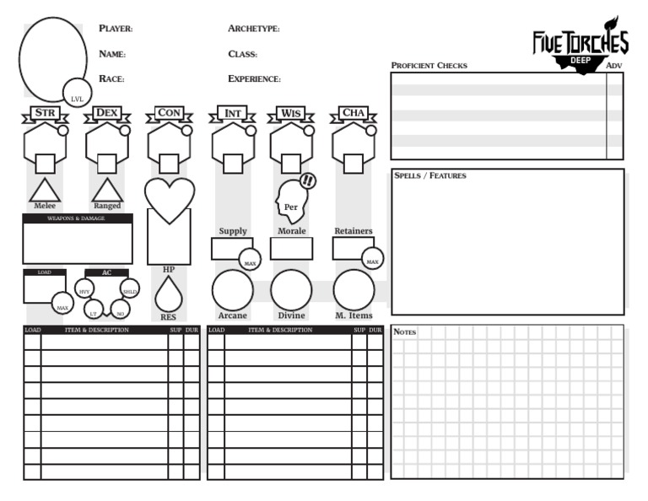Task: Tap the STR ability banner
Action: coord(45,113)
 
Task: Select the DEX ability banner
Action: coord(107,113)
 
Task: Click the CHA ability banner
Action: coord(354,113)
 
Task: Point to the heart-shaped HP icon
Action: coord(169,198)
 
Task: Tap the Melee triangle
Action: coord(45,191)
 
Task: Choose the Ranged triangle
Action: coord(107,191)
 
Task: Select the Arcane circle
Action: coord(232,290)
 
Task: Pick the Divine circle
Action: coord(291,290)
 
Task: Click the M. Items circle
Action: coord(354,290)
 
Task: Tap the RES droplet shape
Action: coord(169,294)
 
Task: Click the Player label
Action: coord(116,30)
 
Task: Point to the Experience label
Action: coord(254,79)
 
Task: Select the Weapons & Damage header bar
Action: coord(78,218)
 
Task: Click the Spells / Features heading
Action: coord(430,176)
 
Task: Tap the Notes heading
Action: coord(406,332)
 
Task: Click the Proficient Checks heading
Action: coord(429,66)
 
